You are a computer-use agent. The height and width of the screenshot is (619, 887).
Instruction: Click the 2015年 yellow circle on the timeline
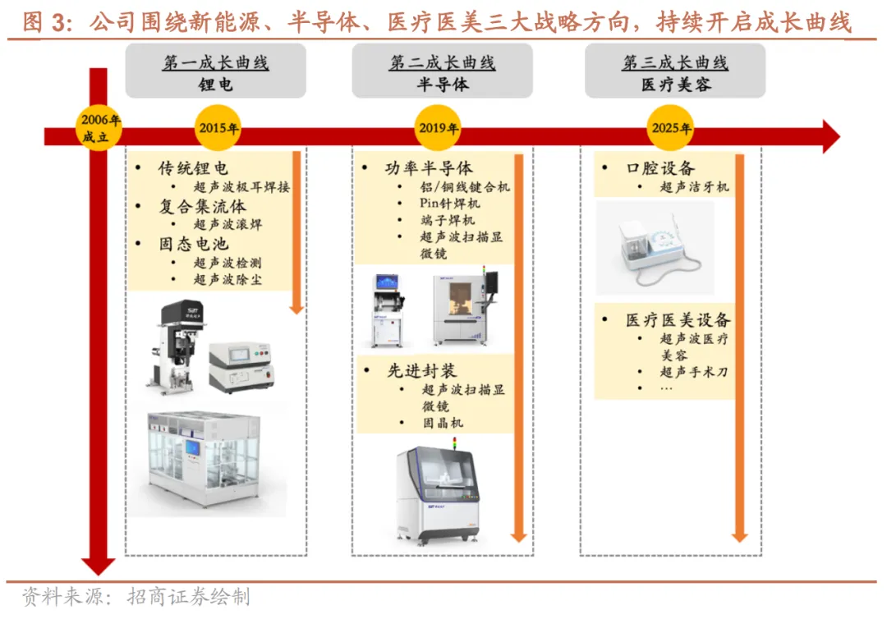(x=218, y=129)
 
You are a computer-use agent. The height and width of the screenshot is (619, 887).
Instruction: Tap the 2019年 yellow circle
(x=439, y=129)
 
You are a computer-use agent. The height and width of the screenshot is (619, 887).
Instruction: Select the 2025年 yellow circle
(x=671, y=129)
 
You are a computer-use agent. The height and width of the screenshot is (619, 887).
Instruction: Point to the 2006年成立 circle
(x=99, y=129)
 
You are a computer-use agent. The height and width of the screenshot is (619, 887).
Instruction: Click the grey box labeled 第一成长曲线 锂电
(x=215, y=72)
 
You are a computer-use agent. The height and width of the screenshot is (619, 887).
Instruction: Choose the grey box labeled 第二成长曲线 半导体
(x=442, y=72)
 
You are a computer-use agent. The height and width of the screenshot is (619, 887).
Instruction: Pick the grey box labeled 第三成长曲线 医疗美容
(x=675, y=72)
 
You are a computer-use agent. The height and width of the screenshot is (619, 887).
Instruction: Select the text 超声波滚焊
(x=227, y=224)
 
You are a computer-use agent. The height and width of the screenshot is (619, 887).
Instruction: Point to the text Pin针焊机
(x=449, y=203)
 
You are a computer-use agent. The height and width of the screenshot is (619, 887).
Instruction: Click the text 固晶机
(x=442, y=423)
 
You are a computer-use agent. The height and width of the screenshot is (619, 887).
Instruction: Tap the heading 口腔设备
(x=660, y=168)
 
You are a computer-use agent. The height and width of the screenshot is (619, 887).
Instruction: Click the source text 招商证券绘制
(x=189, y=598)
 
